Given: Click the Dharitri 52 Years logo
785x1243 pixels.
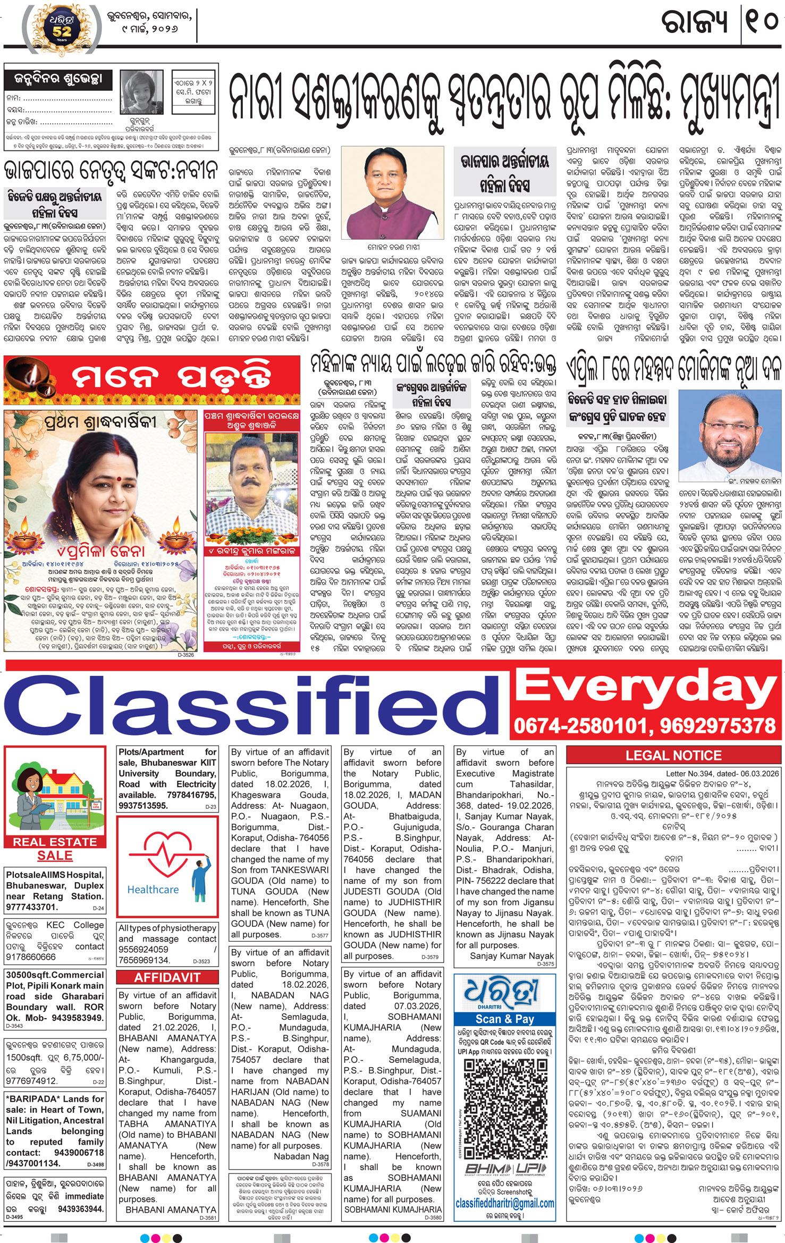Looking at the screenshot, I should [x=62, y=27].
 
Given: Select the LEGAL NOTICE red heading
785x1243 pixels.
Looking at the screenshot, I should [x=673, y=755].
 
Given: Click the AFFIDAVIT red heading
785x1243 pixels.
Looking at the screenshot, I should [x=167, y=977].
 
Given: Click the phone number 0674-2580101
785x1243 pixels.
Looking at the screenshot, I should [x=578, y=726].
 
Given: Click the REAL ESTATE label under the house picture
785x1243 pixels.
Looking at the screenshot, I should [x=55, y=842].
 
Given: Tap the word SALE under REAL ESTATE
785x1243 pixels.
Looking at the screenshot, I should [x=55, y=856].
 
